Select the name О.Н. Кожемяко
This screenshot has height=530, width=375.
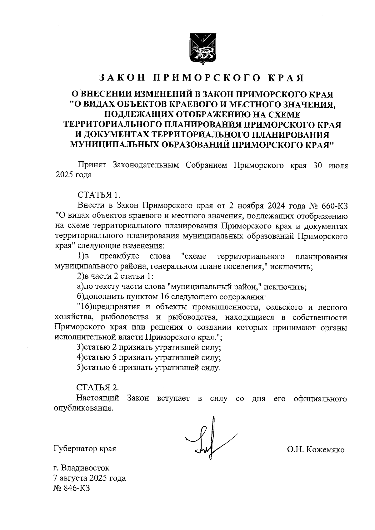(316, 450)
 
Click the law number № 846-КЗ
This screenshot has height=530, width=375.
(72, 488)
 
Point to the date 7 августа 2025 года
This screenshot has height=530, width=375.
(90, 478)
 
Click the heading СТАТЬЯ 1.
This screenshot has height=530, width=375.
(98, 195)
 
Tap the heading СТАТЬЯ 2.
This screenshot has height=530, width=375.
(98, 388)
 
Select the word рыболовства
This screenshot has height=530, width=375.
(124, 318)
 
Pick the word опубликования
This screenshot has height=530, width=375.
(83, 408)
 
